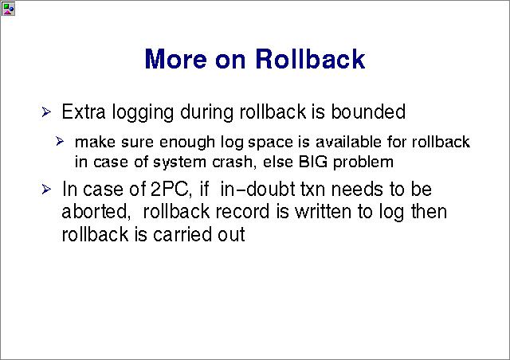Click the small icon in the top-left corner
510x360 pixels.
pos(8,9)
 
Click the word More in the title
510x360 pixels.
pos(176,59)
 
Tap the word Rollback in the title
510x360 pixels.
pos(310,58)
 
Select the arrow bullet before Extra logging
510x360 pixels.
pos(46,112)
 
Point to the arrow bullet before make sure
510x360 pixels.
pos(60,142)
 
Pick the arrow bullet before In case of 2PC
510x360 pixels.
pos(46,190)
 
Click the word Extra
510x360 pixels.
pos(84,112)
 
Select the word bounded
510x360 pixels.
pos(368,112)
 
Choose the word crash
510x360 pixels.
pos(233,162)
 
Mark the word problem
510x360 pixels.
pos(363,162)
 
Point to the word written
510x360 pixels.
pos(323,211)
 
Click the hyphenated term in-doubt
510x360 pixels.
pos(257,189)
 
